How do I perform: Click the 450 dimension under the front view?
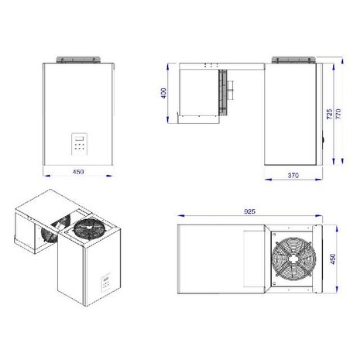(78, 172)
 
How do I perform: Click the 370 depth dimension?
(293, 176)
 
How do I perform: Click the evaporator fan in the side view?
(225, 91)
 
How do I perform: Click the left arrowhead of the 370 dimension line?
(267, 179)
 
